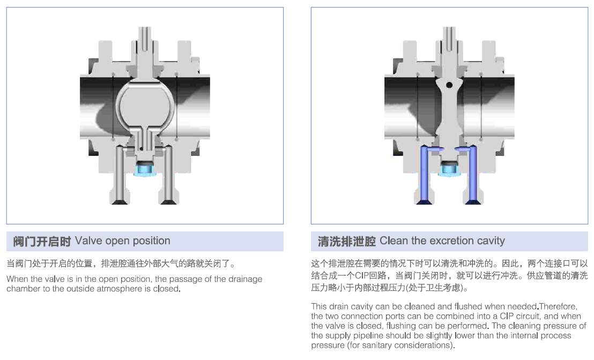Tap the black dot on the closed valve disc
(x=449, y=85)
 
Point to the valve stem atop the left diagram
(x=144, y=40)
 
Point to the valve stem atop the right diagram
(x=449, y=40)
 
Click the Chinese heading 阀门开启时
(x=42, y=242)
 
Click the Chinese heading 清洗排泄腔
(x=346, y=242)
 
